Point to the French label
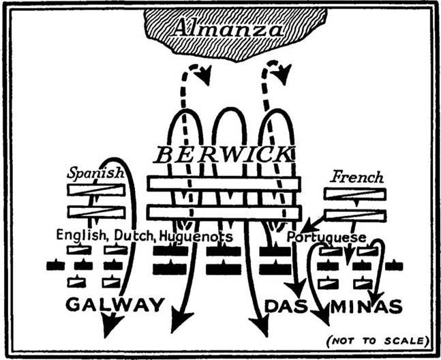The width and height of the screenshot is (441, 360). tap(357, 177)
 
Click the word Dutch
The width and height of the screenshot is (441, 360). tap(135, 237)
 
